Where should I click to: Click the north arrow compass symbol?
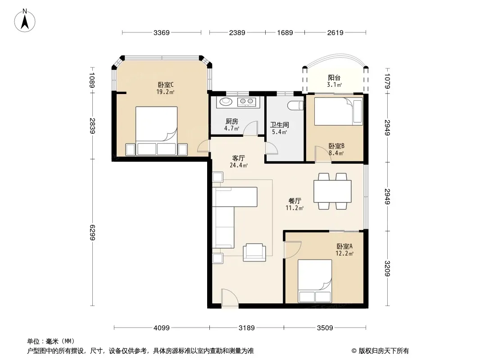pyautogui.click(x=24, y=21)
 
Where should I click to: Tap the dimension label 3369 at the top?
pyautogui.click(x=161, y=32)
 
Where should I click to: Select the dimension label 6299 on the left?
pyautogui.click(x=92, y=233)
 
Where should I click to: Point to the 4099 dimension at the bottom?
pyautogui.click(x=161, y=328)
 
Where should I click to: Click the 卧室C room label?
pyautogui.click(x=166, y=85)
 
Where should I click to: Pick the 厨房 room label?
pyautogui.click(x=232, y=121)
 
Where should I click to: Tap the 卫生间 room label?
pyautogui.click(x=280, y=125)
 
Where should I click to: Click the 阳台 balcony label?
pyautogui.click(x=334, y=78)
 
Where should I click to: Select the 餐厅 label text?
pyautogui.click(x=295, y=201)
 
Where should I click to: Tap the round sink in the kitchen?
pyautogui.click(x=226, y=101)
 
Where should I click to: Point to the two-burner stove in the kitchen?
pyautogui.click(x=246, y=102)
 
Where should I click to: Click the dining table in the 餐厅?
pyautogui.click(x=332, y=191)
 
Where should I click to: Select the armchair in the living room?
pyautogui.click(x=253, y=252)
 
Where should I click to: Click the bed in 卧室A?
pyautogui.click(x=315, y=281)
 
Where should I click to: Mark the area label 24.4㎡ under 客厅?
pyautogui.click(x=239, y=166)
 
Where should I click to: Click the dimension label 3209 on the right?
pyautogui.click(x=388, y=268)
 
